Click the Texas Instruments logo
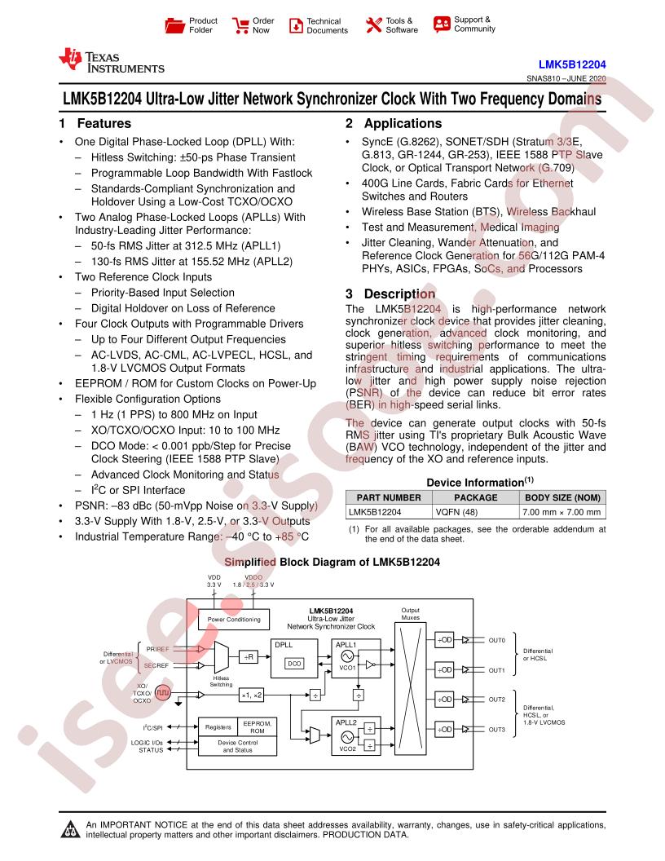tap(112, 61)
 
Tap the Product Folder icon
tap(174, 25)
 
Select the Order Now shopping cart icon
tap(240, 25)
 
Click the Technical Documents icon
tap(296, 25)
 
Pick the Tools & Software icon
tap(373, 25)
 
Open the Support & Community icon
tap(441, 24)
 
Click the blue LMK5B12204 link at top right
tap(572, 64)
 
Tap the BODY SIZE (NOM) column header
tap(562, 497)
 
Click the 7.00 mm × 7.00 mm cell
tap(562, 512)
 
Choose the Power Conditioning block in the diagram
tap(234, 620)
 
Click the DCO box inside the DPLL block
tap(295, 664)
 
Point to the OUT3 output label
tap(496, 729)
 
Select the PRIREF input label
tap(157, 649)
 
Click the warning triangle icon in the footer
tap(70, 829)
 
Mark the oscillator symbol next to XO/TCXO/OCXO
tap(162, 693)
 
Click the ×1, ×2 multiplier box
tap(252, 695)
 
